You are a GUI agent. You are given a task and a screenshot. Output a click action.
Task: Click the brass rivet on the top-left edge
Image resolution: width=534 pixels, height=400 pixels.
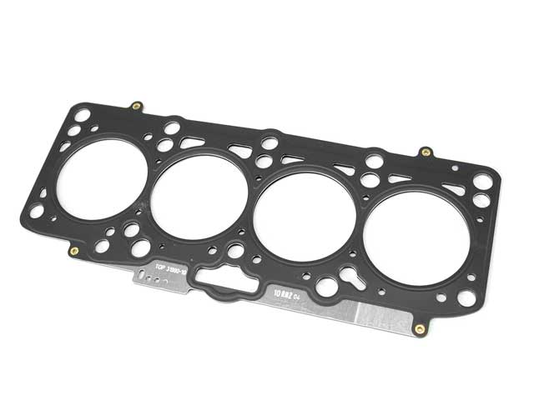(x=136, y=107)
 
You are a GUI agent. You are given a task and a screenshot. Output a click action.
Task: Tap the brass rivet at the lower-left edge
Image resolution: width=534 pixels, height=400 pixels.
(x=74, y=251)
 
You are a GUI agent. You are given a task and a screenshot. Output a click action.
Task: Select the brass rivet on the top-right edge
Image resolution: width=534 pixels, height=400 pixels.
(x=425, y=152)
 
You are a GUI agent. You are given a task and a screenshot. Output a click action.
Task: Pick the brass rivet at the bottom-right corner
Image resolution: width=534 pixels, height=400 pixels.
(x=419, y=328)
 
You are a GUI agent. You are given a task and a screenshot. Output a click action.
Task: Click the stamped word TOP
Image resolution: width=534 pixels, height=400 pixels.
(x=161, y=267)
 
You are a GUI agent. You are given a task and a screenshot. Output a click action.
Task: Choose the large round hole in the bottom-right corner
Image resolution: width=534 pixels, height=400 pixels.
(x=466, y=296)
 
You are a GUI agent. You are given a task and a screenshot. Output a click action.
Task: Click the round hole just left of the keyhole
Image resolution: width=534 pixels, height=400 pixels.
(x=327, y=286)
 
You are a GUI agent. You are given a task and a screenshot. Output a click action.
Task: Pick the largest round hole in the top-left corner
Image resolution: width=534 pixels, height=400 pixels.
(x=83, y=115)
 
